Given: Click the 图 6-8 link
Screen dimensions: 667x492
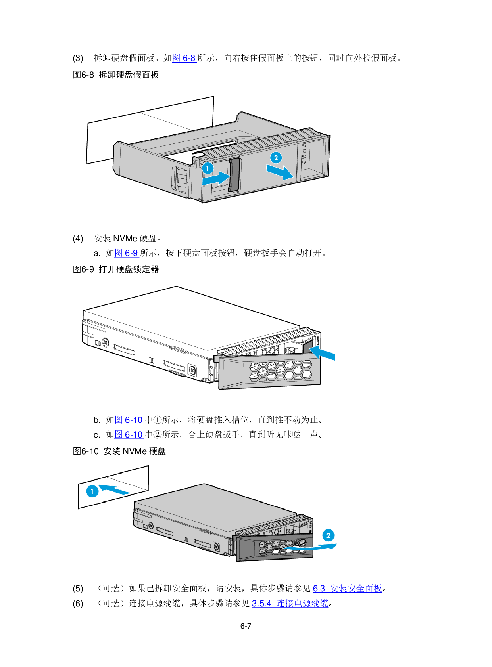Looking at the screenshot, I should point(184,58).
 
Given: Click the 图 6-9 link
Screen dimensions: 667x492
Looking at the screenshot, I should point(127,253).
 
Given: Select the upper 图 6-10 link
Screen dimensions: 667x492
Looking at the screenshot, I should point(129,420).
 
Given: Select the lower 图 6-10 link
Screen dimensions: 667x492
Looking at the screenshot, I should point(129,435).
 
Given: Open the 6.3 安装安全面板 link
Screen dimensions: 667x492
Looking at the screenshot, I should point(347,589).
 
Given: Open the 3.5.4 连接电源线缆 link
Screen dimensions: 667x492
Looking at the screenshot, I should point(290,604).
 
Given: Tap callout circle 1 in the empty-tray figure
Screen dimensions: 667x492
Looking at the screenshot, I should point(208,168).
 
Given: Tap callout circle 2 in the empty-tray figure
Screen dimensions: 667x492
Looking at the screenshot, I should point(276,158).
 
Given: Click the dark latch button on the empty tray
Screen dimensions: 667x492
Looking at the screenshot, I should point(234,175).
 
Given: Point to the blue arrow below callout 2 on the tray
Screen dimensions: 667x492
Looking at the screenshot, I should point(280,172).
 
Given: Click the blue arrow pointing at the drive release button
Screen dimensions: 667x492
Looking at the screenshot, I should point(323,352).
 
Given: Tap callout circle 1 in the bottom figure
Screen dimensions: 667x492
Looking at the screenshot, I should point(92,491).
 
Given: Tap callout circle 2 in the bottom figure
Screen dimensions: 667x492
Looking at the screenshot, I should point(328,535).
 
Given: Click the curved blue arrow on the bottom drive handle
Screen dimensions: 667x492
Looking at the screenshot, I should point(311,547).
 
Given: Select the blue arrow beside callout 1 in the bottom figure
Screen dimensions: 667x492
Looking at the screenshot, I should point(114,489).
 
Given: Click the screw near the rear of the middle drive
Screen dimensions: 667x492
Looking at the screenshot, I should point(106,342).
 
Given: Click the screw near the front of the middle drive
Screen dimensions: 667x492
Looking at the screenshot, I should point(192,370).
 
